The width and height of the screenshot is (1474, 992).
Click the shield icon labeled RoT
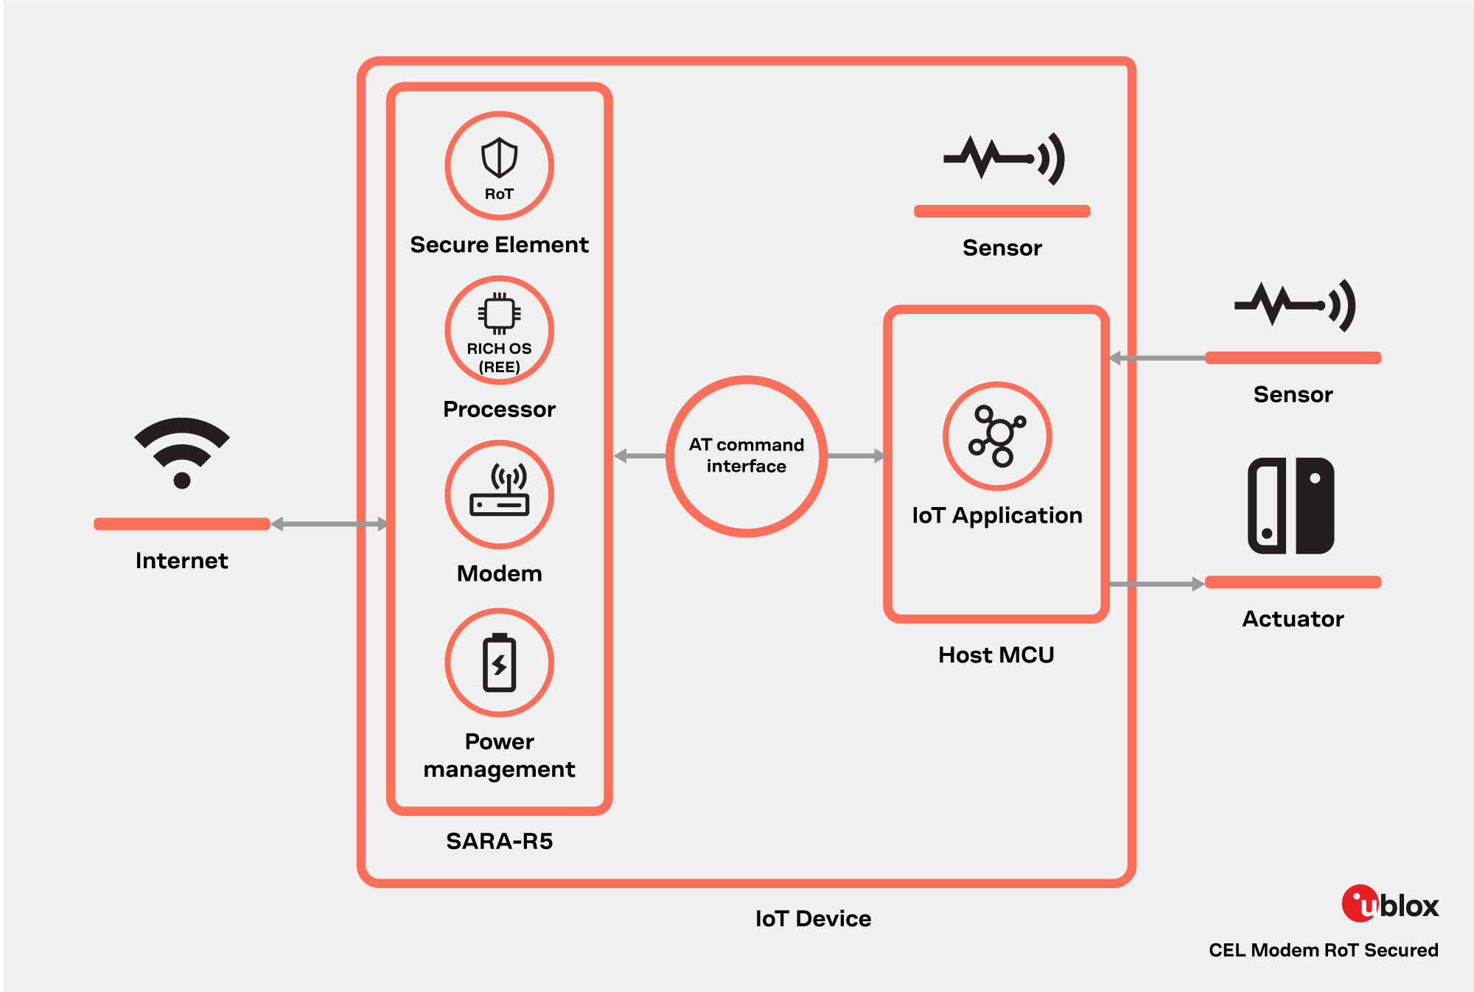(x=499, y=158)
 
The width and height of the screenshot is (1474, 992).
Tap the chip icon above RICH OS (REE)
(x=499, y=314)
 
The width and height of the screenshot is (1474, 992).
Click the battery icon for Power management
(x=499, y=663)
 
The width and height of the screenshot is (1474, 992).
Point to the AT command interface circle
(x=746, y=456)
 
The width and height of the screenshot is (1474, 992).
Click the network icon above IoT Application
(x=997, y=436)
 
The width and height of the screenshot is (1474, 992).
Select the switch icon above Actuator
(x=1290, y=506)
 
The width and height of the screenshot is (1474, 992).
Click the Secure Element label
(x=499, y=245)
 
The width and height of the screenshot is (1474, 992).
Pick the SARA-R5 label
(x=499, y=841)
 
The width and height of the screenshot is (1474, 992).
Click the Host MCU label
(x=996, y=654)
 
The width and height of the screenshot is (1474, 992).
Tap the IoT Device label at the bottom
(x=813, y=918)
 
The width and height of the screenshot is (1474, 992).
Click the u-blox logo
(x=1389, y=904)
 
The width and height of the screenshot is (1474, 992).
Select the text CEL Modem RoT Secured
(x=1323, y=950)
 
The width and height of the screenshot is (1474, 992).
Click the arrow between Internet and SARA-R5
(x=329, y=524)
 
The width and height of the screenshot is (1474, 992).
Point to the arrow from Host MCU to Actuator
(x=1156, y=584)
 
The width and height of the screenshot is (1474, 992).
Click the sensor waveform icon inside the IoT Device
(x=1004, y=158)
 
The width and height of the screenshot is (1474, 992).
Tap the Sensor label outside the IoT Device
(x=1293, y=394)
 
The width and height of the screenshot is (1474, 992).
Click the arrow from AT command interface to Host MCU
(x=855, y=456)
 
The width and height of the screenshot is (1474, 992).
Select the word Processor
(x=499, y=409)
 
